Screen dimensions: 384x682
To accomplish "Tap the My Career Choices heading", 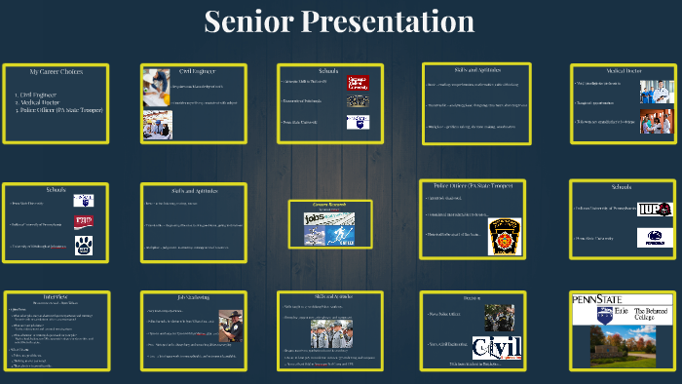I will tap(56, 72).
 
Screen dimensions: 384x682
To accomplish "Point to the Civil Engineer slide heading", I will tap(197, 70).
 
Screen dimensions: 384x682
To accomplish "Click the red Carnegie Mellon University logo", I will tap(358, 83).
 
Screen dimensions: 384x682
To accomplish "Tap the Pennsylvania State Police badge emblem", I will tap(503, 237).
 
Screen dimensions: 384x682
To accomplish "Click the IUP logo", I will tap(655, 210).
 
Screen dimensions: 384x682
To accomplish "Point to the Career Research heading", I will tap(330, 205).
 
